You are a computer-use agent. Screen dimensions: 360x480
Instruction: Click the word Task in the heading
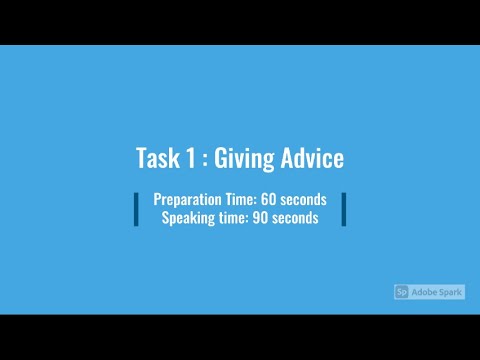click(x=156, y=159)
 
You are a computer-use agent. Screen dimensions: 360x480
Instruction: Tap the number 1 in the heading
click(x=189, y=159)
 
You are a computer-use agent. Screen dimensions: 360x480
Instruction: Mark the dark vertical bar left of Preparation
click(x=136, y=209)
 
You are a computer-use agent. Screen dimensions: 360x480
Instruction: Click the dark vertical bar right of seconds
click(x=343, y=209)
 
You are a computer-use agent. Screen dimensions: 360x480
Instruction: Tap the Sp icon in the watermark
click(x=402, y=292)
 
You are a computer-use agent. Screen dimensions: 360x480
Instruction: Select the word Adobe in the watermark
click(x=424, y=292)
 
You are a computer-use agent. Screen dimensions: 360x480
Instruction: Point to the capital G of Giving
click(x=222, y=159)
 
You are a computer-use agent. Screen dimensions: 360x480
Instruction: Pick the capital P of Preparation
click(x=158, y=200)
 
